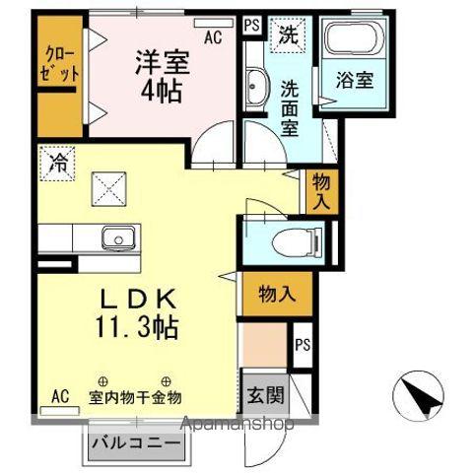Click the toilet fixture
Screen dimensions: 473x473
coord(295,239)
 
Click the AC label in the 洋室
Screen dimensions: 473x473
coord(212,37)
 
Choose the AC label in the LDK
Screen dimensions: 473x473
coord(59,396)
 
